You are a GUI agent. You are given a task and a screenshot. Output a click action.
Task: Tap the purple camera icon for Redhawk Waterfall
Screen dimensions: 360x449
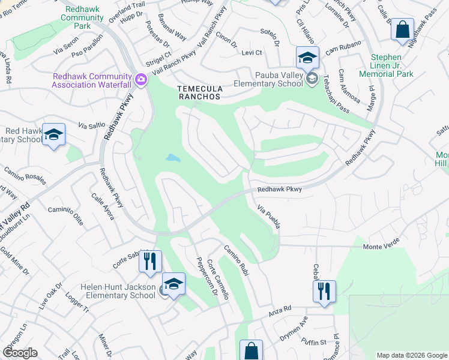(x=141, y=79)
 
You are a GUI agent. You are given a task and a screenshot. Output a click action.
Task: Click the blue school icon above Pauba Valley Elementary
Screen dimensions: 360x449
(x=307, y=58)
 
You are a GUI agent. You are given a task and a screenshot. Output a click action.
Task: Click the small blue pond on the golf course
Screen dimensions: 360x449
(x=173, y=158)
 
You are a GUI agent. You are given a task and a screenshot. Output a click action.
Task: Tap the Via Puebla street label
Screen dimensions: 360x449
(x=268, y=216)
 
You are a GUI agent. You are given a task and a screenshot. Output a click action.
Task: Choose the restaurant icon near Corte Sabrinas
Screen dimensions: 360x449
(x=149, y=261)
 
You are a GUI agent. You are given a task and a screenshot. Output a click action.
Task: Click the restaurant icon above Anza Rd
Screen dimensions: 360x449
(x=324, y=291)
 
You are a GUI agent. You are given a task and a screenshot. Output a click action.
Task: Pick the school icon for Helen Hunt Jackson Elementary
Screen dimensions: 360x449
(x=173, y=284)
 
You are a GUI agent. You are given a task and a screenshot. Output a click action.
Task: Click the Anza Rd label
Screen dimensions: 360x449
(x=279, y=308)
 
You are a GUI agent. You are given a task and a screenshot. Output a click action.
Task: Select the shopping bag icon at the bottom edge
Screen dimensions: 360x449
(x=251, y=351)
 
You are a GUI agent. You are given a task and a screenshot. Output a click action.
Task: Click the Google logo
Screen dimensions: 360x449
(x=20, y=353)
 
